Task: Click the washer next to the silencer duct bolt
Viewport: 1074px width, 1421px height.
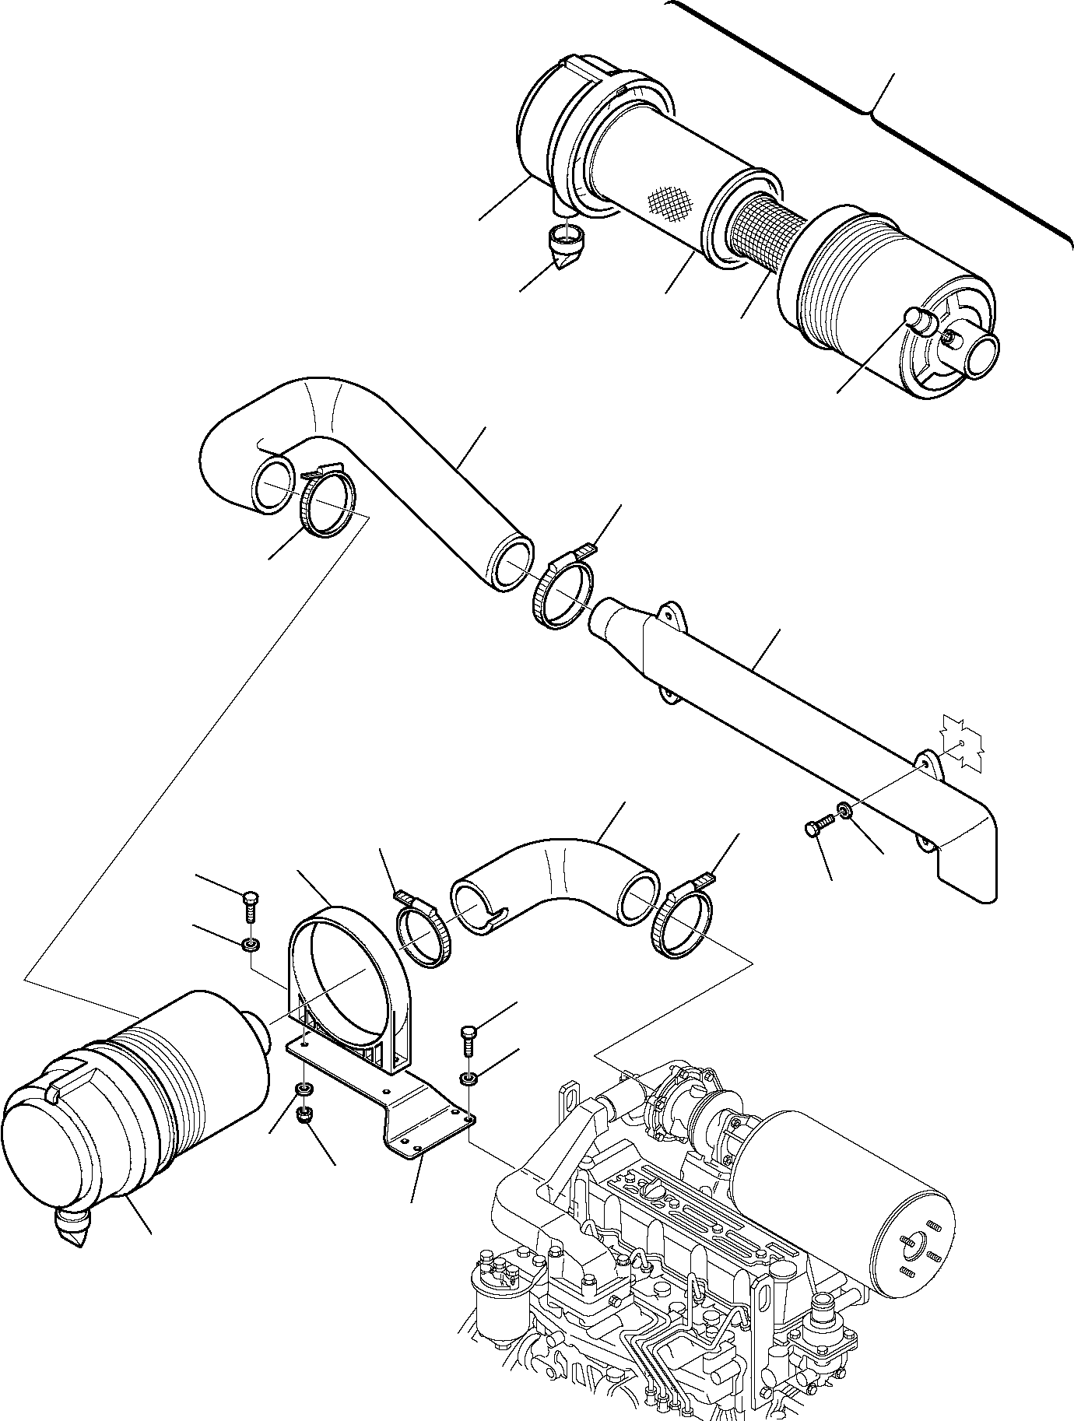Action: click(x=844, y=812)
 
